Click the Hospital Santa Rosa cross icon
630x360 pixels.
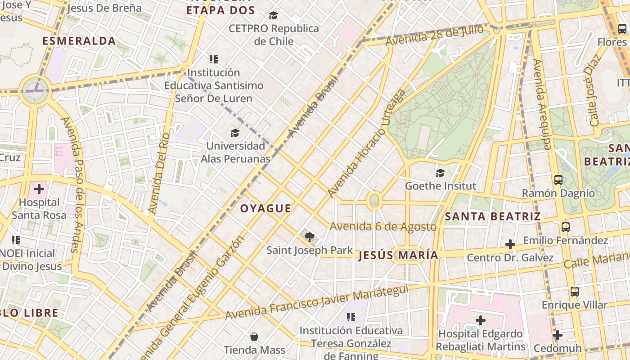click(x=39, y=189)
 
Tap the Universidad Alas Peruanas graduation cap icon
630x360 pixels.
click(x=235, y=133)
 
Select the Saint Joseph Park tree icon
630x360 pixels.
click(x=309, y=237)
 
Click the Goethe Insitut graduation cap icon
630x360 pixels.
click(x=440, y=173)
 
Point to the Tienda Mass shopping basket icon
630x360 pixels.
click(x=254, y=337)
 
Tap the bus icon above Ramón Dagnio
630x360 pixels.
click(x=558, y=180)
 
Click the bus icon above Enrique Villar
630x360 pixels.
click(x=575, y=291)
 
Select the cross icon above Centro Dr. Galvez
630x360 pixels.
click(x=510, y=244)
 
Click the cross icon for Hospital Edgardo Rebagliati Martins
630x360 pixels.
click(x=481, y=320)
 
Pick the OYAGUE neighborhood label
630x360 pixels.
click(x=265, y=208)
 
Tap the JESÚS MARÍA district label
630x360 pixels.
click(x=398, y=256)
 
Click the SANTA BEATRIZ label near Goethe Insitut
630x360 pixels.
click(x=493, y=216)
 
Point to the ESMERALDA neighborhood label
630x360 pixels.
click(x=79, y=41)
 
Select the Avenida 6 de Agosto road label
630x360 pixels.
click(x=383, y=226)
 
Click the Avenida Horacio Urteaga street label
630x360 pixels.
click(x=367, y=143)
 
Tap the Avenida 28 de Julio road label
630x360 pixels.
click(x=434, y=35)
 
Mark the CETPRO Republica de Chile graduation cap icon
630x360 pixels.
click(x=273, y=16)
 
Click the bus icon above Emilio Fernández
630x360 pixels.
click(x=566, y=227)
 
